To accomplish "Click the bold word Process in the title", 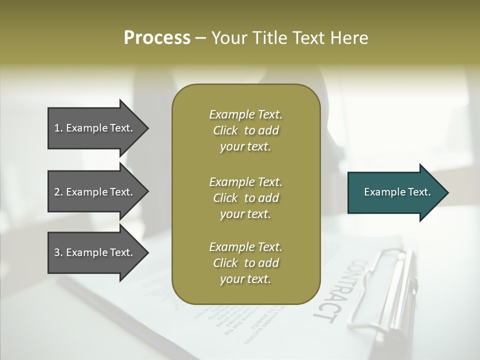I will (x=157, y=38).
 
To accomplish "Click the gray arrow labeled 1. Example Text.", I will (x=95, y=128).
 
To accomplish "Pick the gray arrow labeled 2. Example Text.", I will (x=95, y=192).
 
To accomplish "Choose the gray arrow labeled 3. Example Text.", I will (x=95, y=252).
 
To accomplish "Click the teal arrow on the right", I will (x=395, y=192).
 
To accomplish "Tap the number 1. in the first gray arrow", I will (x=58, y=128).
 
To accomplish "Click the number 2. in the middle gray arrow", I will (x=58, y=192).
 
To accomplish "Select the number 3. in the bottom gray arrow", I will (x=58, y=252).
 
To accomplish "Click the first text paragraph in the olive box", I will (x=245, y=130).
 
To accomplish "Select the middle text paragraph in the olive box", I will (x=245, y=197).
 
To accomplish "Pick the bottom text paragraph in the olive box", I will (x=245, y=263).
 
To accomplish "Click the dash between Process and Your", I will (x=200, y=38).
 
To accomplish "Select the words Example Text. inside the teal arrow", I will (x=397, y=192).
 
